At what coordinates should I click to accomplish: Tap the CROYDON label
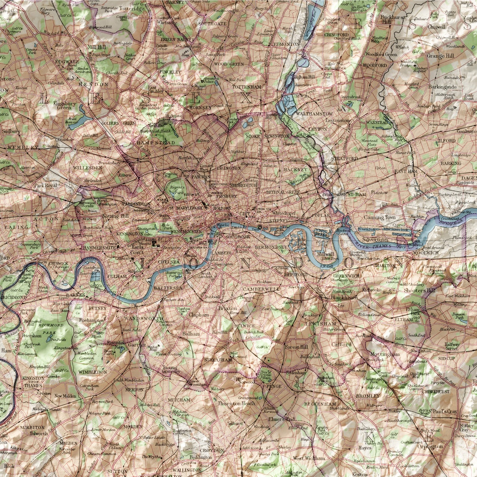pos(212,450)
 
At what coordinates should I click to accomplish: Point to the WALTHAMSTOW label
pos(314,114)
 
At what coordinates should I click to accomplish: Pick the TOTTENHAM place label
pos(247,87)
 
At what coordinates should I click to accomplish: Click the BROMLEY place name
pos(368,396)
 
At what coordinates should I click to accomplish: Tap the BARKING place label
pos(450,163)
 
